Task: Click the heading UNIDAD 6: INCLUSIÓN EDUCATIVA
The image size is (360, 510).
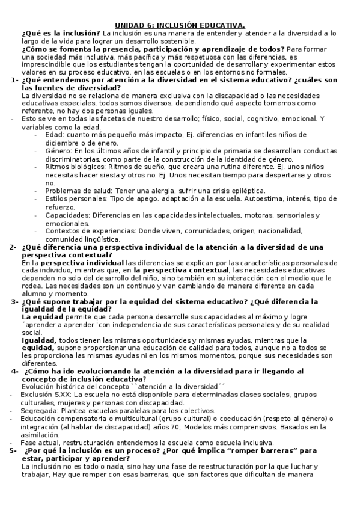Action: [180, 25]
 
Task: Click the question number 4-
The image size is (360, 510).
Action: [16, 371]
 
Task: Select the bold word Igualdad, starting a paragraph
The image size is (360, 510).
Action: [39, 340]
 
